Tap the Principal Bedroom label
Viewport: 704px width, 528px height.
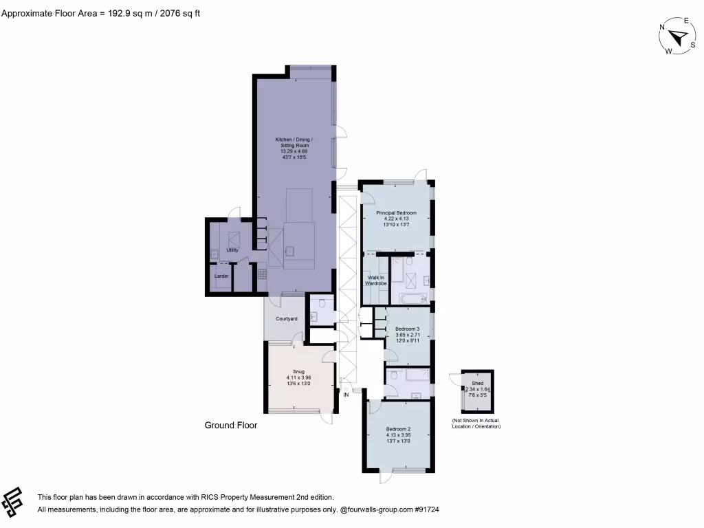pos(396,213)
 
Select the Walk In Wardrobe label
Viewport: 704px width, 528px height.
pos(375,280)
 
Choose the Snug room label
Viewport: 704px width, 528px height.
pos(299,371)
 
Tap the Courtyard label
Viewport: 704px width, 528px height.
pos(286,319)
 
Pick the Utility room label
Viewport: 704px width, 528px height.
pos(232,250)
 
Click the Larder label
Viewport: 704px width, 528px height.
pos(221,276)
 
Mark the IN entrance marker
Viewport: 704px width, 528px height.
pos(346,395)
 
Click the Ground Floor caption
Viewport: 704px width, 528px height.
pos(231,426)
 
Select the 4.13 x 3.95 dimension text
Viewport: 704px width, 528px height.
pos(397,435)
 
